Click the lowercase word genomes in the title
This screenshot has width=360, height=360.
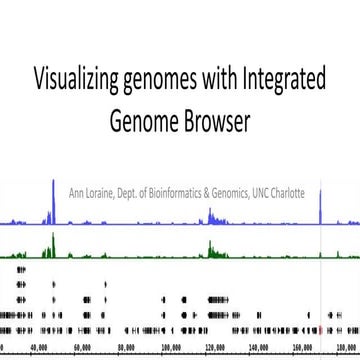(x=165, y=81)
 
